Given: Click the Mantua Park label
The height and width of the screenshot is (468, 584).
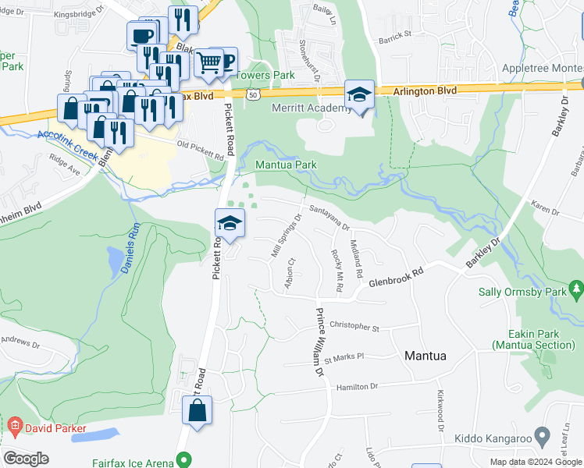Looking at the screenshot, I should (287, 165).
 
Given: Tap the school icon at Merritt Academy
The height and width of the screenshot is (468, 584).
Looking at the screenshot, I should (359, 96).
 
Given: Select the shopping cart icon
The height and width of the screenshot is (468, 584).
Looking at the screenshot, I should (208, 62).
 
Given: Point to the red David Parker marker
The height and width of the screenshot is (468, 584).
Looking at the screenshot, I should (14, 427).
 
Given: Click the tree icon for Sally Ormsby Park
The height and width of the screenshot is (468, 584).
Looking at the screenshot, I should (577, 291).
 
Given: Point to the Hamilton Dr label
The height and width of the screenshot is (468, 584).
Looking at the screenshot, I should (357, 386).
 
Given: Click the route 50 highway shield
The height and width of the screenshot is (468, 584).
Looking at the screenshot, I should (251, 94).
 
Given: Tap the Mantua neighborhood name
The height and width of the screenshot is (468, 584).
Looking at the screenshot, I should (426, 356).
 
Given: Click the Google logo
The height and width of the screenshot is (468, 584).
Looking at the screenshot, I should (26, 459).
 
